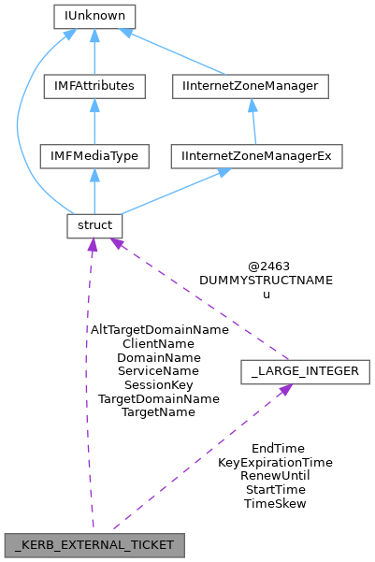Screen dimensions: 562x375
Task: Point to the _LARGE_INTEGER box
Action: click(x=305, y=371)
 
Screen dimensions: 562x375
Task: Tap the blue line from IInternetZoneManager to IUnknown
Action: click(x=178, y=54)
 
